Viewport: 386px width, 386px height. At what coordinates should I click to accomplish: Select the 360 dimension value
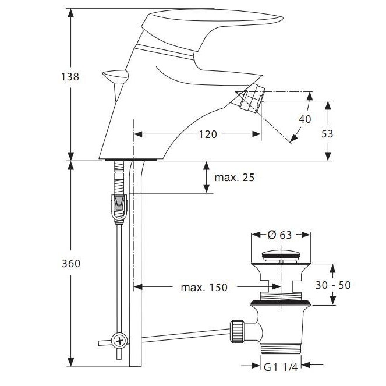[x=70, y=263]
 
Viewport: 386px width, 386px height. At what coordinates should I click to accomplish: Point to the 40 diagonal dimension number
[x=304, y=119]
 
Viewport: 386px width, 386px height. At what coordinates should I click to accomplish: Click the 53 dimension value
[x=327, y=133]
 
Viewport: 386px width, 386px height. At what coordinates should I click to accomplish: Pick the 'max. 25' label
[x=235, y=176]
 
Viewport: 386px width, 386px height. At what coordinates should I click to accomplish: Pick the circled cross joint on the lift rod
[x=119, y=340]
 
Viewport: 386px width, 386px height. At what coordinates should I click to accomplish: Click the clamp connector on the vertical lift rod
[x=119, y=207]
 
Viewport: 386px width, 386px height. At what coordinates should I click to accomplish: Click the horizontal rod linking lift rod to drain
[x=180, y=335]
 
